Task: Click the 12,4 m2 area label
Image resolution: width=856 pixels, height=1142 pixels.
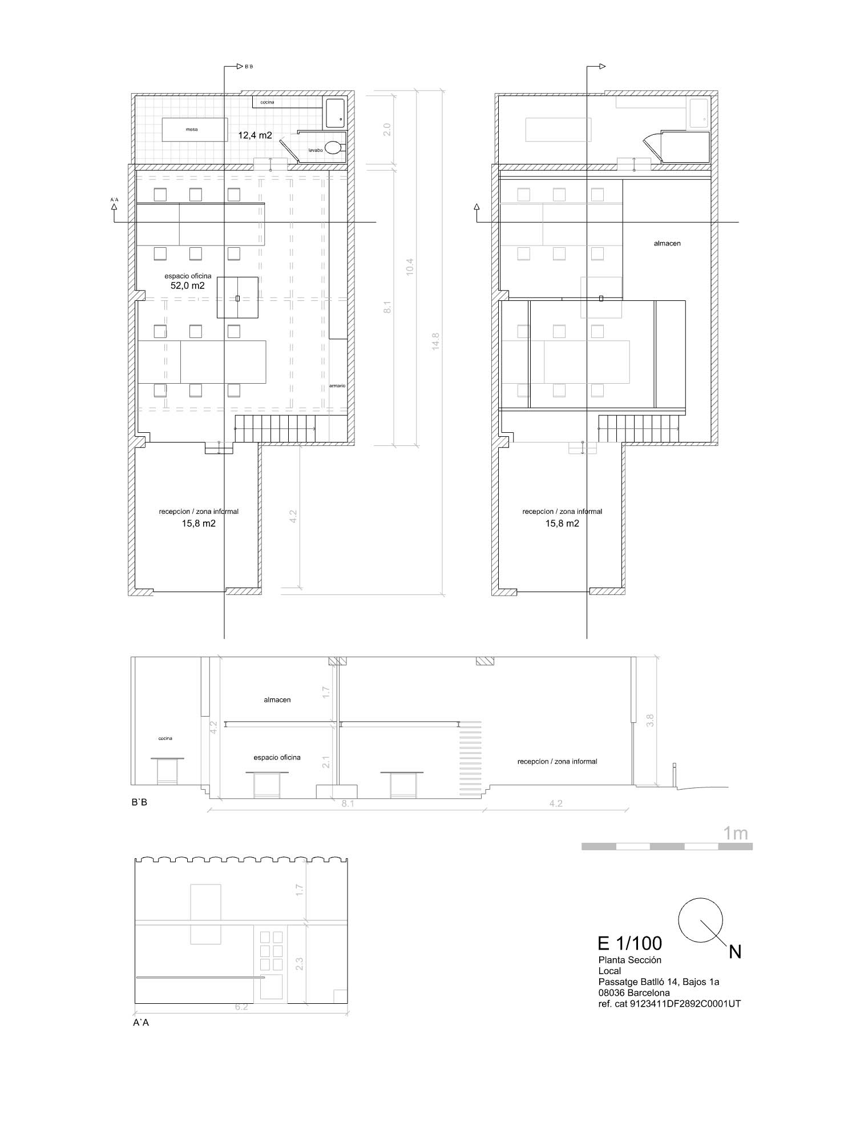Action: pyautogui.click(x=255, y=135)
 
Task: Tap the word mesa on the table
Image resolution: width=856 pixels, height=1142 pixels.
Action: pyautogui.click(x=192, y=130)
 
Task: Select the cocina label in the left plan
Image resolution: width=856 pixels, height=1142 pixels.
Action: pyautogui.click(x=267, y=102)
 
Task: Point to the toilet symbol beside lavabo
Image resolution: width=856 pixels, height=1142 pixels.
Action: pyautogui.click(x=335, y=148)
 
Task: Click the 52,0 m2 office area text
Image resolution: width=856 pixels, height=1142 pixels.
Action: pyautogui.click(x=188, y=285)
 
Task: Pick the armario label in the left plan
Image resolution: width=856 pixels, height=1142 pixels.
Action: pyautogui.click(x=337, y=386)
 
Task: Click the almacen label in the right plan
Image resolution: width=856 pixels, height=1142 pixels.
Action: pyautogui.click(x=667, y=243)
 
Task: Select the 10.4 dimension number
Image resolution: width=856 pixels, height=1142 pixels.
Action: pyautogui.click(x=410, y=267)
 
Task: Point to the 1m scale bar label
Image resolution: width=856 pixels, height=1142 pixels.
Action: pyautogui.click(x=735, y=833)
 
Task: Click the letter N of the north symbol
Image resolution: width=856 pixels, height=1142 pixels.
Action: pyautogui.click(x=735, y=952)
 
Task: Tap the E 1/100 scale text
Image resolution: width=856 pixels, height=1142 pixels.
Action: pyautogui.click(x=629, y=943)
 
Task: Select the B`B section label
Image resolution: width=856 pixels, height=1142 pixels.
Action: pyautogui.click(x=139, y=802)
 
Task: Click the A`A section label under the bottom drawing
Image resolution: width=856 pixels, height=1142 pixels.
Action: pyautogui.click(x=141, y=1023)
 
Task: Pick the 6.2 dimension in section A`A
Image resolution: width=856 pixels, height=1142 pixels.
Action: pyautogui.click(x=241, y=1007)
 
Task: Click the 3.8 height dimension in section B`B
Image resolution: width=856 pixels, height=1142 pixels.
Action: pyautogui.click(x=649, y=721)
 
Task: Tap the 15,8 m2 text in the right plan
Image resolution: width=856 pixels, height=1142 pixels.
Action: pyautogui.click(x=562, y=523)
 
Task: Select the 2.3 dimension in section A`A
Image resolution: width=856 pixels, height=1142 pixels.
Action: pyautogui.click(x=300, y=963)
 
